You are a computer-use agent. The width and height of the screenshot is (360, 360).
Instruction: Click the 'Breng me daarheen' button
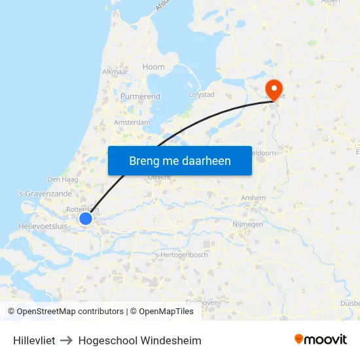click(179, 160)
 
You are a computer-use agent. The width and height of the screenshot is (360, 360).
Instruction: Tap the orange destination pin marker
click(272, 89)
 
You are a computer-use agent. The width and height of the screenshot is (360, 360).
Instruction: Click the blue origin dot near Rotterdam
click(86, 219)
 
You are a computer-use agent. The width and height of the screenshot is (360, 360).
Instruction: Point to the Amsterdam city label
click(132, 122)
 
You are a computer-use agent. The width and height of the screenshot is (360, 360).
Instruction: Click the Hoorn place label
click(154, 67)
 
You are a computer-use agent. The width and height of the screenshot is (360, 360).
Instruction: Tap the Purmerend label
click(140, 96)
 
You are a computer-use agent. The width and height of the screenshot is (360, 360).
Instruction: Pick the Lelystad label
click(202, 94)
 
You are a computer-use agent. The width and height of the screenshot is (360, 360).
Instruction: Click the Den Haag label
click(63, 179)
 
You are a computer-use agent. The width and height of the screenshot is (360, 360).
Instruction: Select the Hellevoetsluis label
click(43, 226)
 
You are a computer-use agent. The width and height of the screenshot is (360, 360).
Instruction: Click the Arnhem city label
click(253, 198)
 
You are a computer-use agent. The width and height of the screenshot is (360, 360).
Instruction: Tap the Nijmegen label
click(247, 224)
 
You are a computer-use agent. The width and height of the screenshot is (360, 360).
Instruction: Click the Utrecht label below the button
click(160, 177)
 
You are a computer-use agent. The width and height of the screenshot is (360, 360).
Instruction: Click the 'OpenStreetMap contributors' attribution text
click(70, 312)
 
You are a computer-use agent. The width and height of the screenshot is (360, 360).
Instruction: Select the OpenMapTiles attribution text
click(166, 312)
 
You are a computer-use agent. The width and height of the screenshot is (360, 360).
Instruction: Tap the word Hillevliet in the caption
click(34, 340)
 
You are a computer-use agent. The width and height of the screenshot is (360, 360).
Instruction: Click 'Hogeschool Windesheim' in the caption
click(139, 340)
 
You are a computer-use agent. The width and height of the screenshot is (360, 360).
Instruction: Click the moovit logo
click(321, 339)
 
